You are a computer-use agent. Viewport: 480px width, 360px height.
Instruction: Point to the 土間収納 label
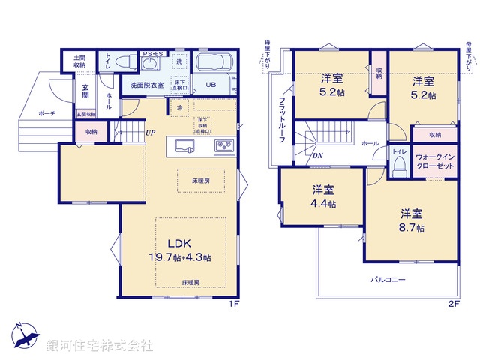[x=79, y=61]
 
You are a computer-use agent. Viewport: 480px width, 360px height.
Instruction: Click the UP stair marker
[x=150, y=133]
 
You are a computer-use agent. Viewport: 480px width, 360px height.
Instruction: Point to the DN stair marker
[x=317, y=155]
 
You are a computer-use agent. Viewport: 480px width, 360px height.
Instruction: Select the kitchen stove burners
[x=224, y=145]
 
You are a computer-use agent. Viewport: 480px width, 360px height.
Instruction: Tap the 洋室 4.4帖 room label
[x=323, y=196]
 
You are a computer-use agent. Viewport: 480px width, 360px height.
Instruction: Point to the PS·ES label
[x=154, y=53]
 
